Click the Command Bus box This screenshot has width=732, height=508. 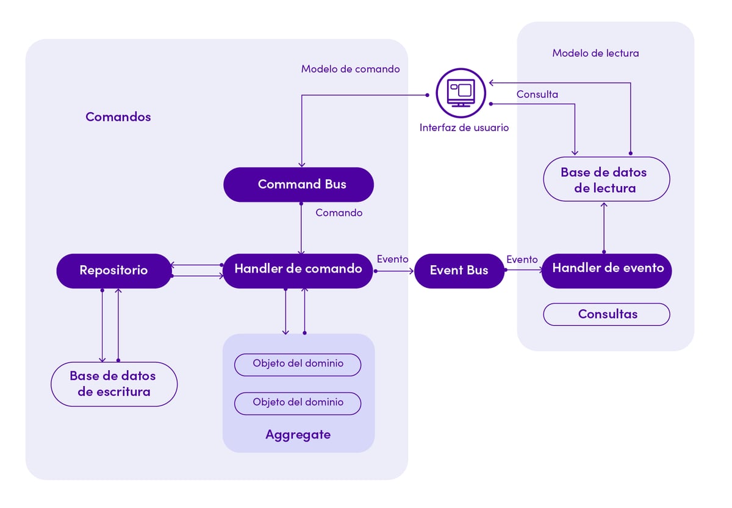click(x=298, y=184)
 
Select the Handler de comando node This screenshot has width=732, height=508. click(x=298, y=269)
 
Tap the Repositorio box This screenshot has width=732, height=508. click(x=114, y=270)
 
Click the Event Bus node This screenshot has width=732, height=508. click(x=459, y=271)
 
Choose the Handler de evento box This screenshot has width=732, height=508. click(x=607, y=268)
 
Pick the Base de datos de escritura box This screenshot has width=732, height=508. click(x=114, y=384)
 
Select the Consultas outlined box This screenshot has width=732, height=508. click(x=607, y=315)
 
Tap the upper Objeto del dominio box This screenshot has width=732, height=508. click(x=298, y=364)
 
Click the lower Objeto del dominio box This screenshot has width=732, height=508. click(x=298, y=402)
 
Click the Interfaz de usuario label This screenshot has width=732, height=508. click(x=464, y=128)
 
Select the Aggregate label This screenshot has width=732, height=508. click(x=298, y=435)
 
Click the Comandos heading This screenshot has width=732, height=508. click(x=118, y=117)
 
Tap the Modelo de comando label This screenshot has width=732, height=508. click(x=350, y=69)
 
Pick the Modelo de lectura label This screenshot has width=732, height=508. click(x=595, y=53)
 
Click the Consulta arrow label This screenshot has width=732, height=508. click(x=537, y=95)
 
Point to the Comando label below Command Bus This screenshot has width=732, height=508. click(x=339, y=213)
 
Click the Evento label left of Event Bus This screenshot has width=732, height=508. click(x=392, y=259)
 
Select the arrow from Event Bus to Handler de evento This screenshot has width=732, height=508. click(x=523, y=270)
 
